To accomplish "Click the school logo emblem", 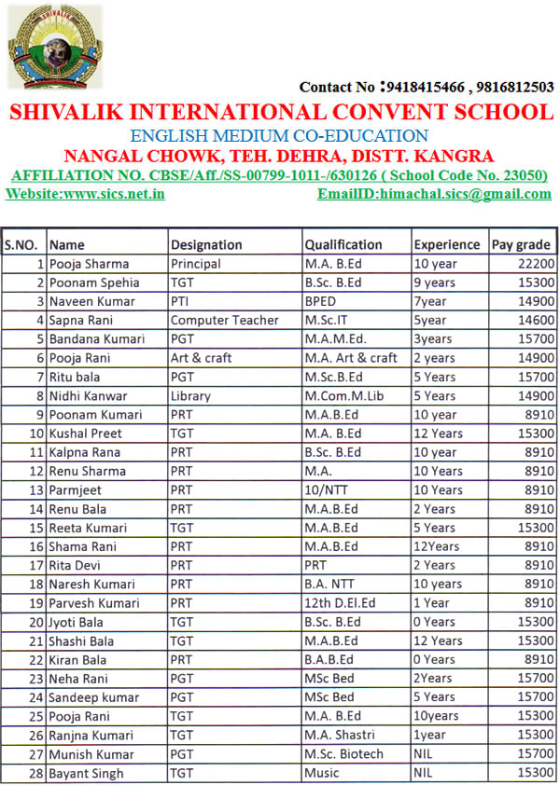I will pos(42,46).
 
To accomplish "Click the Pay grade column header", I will pos(521,244).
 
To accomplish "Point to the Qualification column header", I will pos(343,244).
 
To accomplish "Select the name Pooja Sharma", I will pos(90,264).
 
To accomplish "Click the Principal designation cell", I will pos(196,264).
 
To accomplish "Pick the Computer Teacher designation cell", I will pos(224,320).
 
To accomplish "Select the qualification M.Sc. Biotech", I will pos(343,753).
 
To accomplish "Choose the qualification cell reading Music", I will pos(321,773).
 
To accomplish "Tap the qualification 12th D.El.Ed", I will pos(341,602).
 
